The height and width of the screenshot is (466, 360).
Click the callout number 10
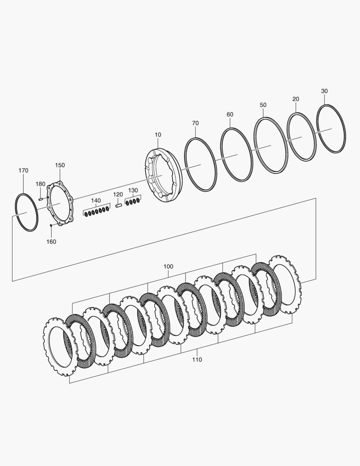tap(158, 135)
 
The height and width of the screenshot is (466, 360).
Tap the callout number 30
tap(324, 91)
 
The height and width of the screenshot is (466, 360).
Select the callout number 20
tap(295, 99)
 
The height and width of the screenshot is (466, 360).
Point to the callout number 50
tap(263, 105)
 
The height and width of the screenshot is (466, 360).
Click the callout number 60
tap(230, 114)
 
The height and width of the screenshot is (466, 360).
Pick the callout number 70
tap(195, 123)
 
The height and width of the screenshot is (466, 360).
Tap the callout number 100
tap(168, 267)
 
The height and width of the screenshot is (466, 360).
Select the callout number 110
tap(197, 359)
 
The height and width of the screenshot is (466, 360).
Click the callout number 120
tap(118, 195)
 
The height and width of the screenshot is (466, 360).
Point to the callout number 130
tap(133, 190)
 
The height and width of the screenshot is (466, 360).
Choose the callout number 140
tap(96, 200)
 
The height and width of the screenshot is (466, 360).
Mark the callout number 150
tap(60, 165)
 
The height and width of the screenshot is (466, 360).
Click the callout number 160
tap(51, 242)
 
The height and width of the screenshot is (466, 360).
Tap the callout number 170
tap(23, 170)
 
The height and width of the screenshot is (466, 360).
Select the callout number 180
tap(40, 184)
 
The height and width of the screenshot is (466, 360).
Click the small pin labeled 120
tap(119, 205)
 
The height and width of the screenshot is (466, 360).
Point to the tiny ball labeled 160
tap(51, 225)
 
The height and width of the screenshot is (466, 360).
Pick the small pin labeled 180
tap(41, 199)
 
